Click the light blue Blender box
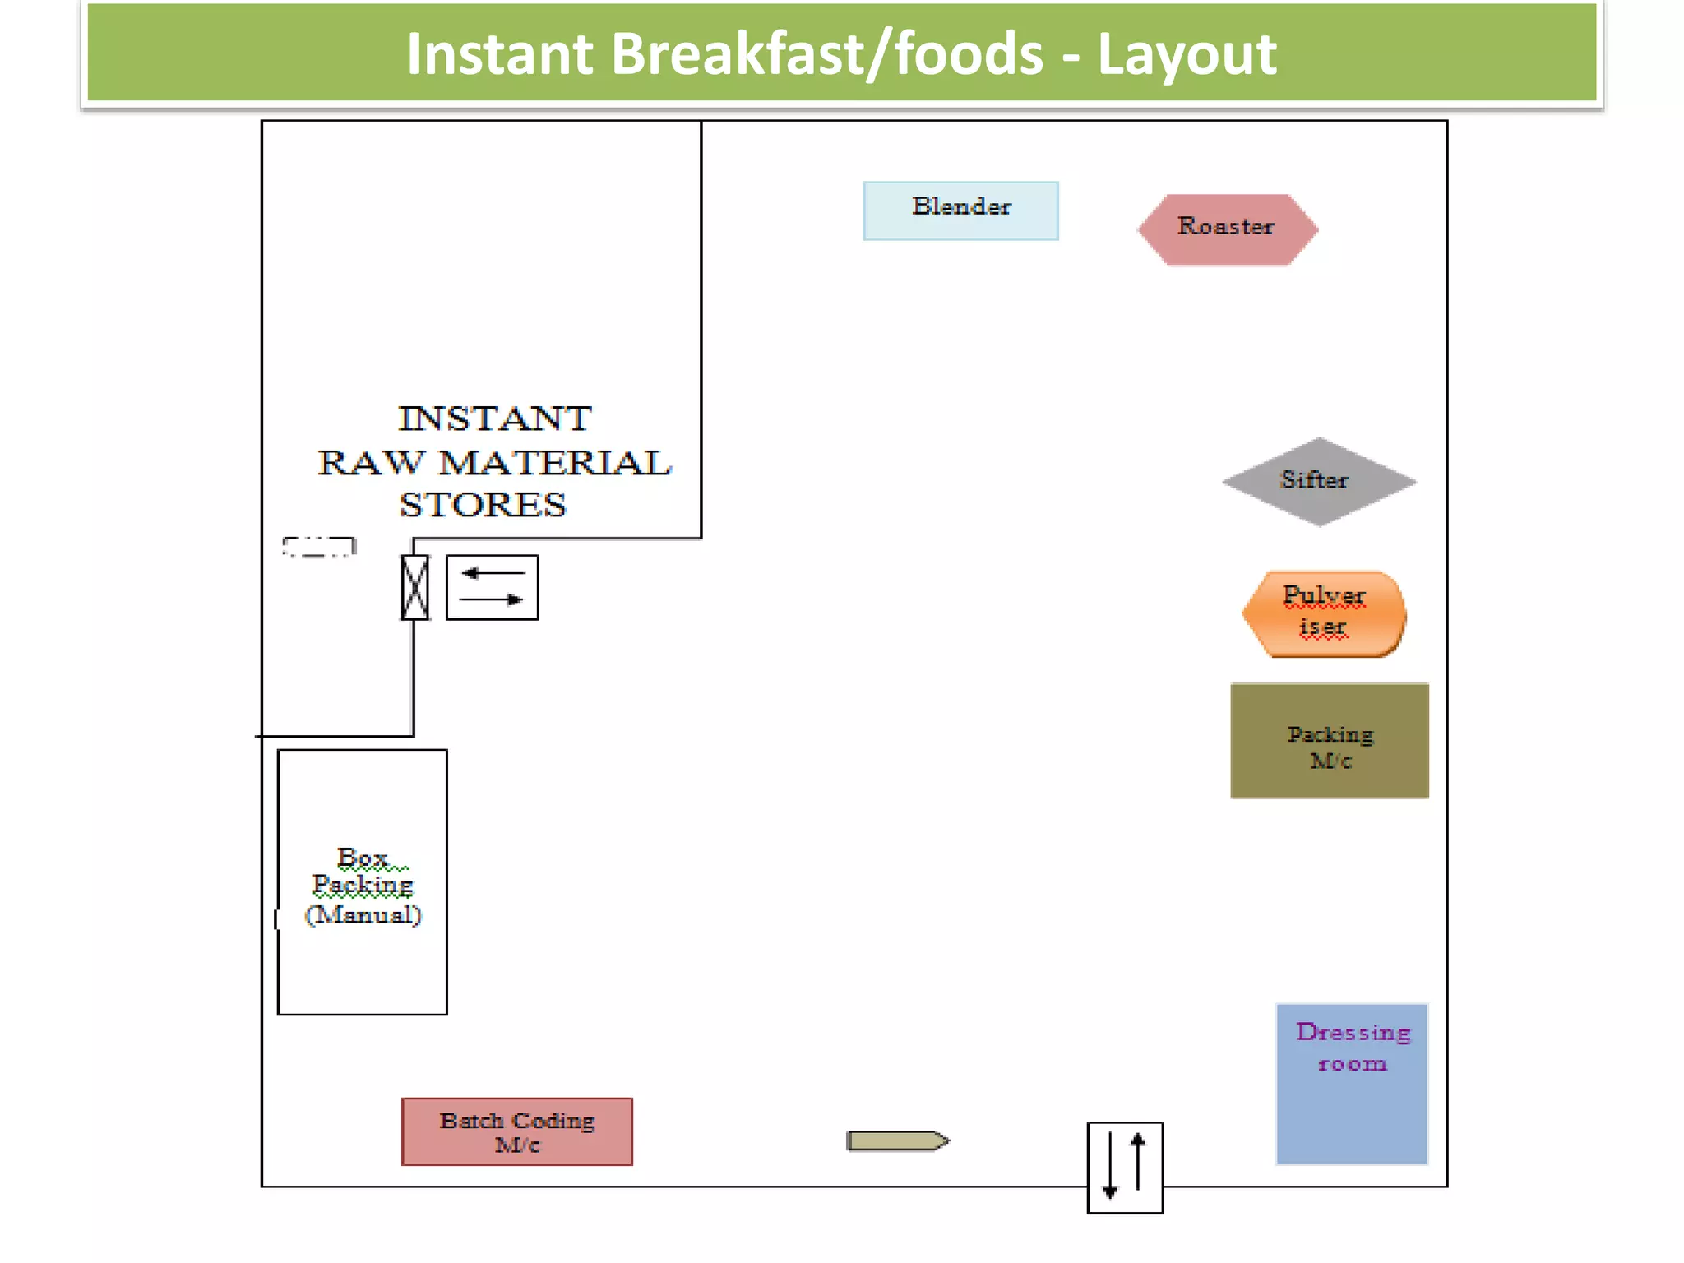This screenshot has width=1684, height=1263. (960, 210)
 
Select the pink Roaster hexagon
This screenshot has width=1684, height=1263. (1227, 229)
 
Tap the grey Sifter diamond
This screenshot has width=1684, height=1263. (1319, 482)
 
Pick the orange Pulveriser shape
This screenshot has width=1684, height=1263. (1323, 613)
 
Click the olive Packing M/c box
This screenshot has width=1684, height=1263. (1329, 741)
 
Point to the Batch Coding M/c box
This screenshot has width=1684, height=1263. (516, 1131)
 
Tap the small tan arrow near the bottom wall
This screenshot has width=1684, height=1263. (897, 1140)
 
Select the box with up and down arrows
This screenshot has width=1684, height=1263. (1124, 1167)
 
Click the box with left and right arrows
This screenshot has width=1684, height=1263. (492, 587)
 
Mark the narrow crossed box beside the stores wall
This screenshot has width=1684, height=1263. (414, 587)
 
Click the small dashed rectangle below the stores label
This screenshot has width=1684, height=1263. (319, 547)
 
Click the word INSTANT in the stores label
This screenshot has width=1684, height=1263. (495, 419)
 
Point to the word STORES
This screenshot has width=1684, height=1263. (483, 505)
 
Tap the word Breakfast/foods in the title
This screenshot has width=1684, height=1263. (826, 54)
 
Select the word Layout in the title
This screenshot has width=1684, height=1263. (1187, 54)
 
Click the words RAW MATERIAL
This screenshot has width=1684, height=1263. (495, 463)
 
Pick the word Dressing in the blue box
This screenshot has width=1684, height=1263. (1353, 1032)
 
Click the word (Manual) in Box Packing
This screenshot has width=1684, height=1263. (363, 915)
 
